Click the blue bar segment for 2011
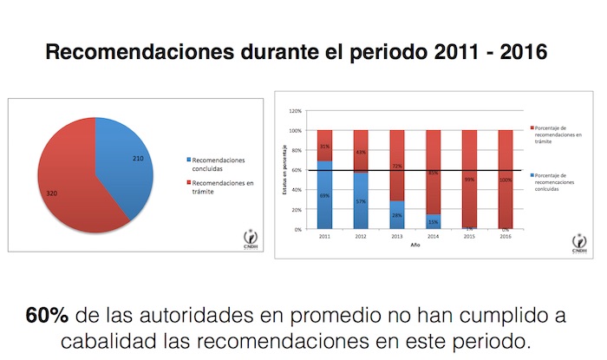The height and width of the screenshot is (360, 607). (x=324, y=195)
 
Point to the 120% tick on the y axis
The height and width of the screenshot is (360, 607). (x=296, y=111)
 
